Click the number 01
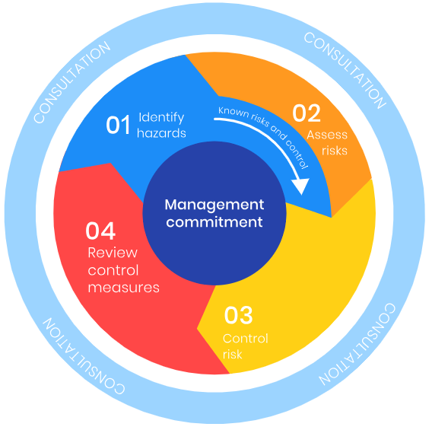118,125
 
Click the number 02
307,113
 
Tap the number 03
238,315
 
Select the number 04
100,231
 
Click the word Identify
161,118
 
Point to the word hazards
161,133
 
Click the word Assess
327,135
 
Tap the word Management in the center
214,205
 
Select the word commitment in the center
214,222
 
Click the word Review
113,253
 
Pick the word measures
124,288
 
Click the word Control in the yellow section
246,339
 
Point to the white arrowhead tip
302,195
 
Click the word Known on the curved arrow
233,112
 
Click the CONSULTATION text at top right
345,70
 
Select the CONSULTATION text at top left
72,82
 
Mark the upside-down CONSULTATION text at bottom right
357,344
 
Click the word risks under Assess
335,151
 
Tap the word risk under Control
232,354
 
